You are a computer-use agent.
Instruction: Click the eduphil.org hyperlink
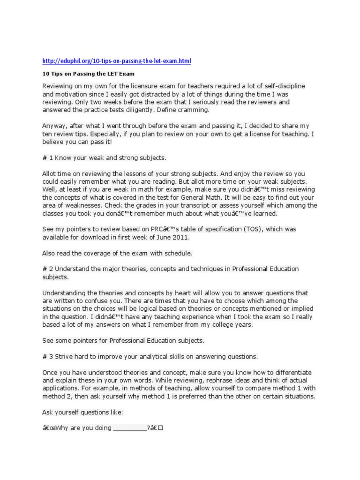coord(117,61)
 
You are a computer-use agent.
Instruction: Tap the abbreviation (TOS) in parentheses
coord(232,229)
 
